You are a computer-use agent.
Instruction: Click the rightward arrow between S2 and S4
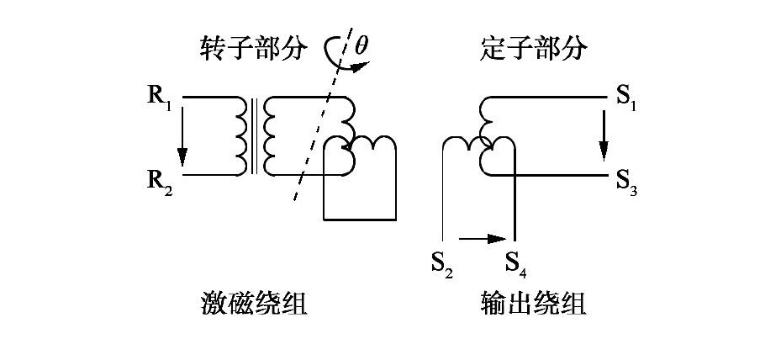tap(480, 239)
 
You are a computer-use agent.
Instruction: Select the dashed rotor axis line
tap(316, 139)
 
